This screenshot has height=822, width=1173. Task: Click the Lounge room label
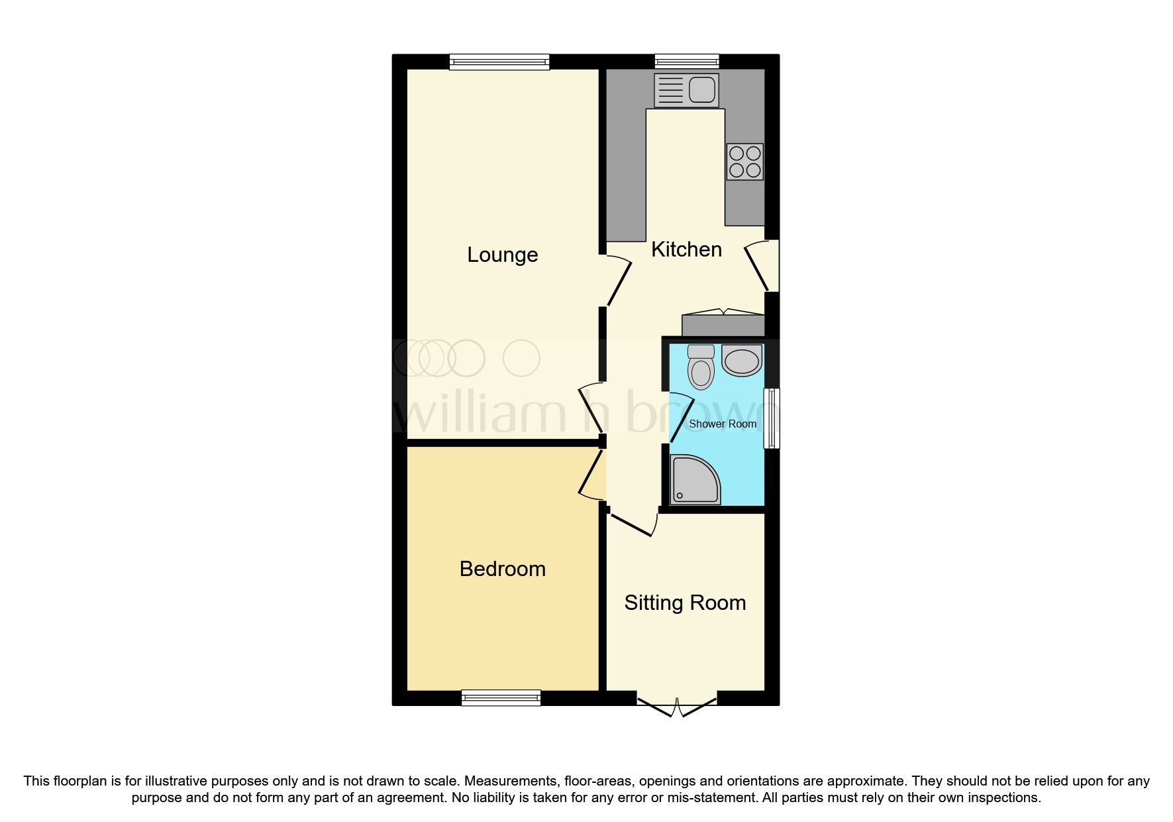(x=502, y=255)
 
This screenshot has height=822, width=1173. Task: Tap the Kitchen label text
(x=686, y=249)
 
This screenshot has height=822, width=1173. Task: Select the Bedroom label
(x=502, y=569)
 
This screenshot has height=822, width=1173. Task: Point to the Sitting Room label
(x=685, y=603)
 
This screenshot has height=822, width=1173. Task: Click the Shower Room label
(x=722, y=424)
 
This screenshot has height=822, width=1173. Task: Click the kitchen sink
(x=686, y=90)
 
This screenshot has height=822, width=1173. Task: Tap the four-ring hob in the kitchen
(x=744, y=162)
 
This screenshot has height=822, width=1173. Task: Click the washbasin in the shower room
(x=742, y=361)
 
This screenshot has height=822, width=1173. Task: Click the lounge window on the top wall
(x=499, y=62)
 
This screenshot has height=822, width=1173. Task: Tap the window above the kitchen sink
(x=686, y=62)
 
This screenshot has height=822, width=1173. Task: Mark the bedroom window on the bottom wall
(x=501, y=697)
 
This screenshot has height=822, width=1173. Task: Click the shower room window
(x=772, y=418)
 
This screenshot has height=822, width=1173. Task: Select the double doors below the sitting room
(x=677, y=706)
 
